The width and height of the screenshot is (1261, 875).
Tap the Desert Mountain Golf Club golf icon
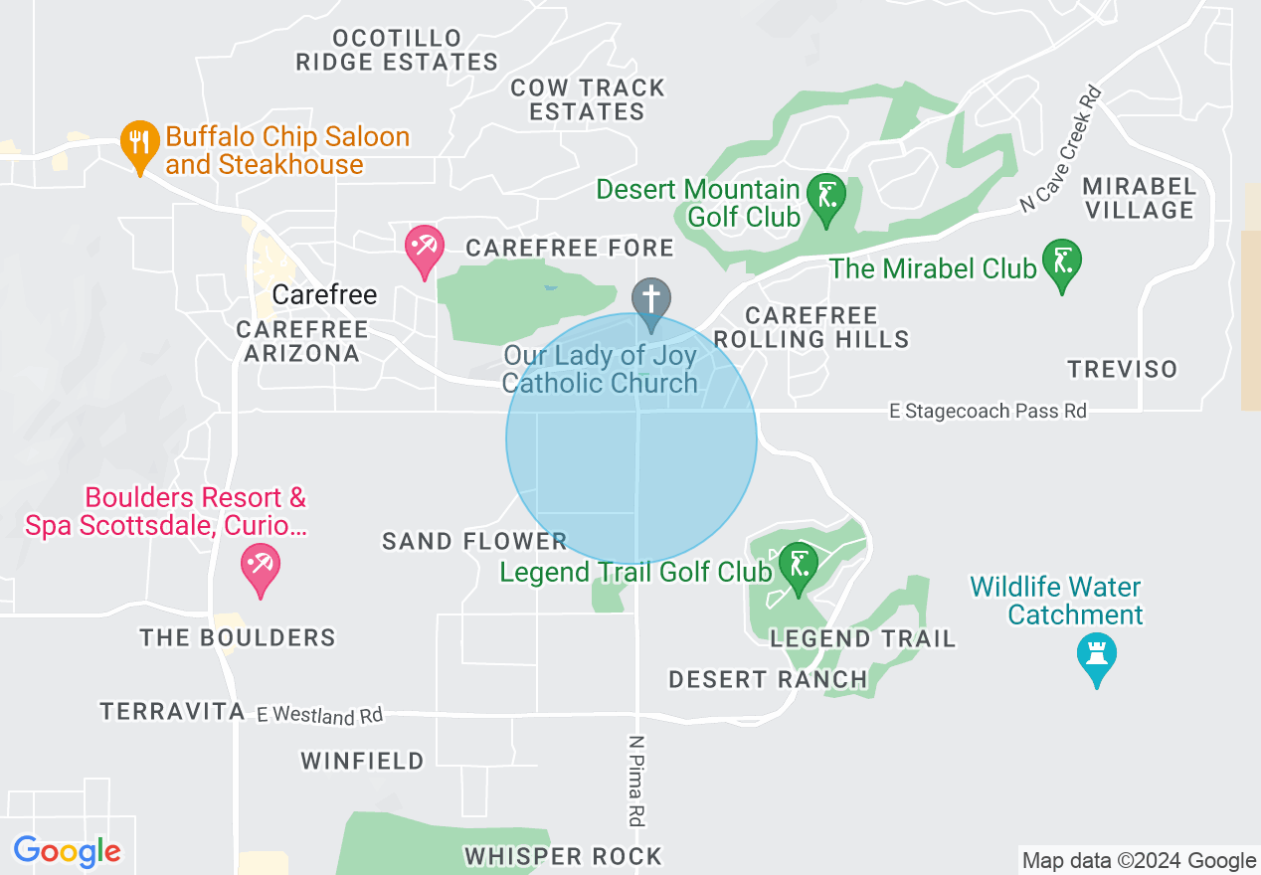(x=825, y=196)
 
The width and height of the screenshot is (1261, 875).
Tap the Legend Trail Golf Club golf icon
(x=798, y=566)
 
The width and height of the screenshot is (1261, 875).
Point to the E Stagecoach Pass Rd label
(x=988, y=411)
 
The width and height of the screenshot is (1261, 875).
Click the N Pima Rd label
(x=635, y=781)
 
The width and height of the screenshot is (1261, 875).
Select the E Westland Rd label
(x=319, y=714)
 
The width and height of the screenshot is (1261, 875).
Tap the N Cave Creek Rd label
(x=1063, y=149)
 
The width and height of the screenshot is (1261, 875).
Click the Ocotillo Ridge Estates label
(x=397, y=51)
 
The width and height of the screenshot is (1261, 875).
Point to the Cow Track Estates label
(x=588, y=99)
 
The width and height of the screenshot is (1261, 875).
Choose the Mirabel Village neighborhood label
(x=1139, y=198)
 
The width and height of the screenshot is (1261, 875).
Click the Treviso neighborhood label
(x=1123, y=369)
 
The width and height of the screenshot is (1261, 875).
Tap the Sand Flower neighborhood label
(x=474, y=541)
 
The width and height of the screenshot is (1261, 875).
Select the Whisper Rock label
(x=563, y=856)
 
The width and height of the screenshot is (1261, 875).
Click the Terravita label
(x=172, y=711)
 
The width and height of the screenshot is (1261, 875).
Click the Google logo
(x=68, y=851)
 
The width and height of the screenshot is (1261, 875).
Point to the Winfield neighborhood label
(x=363, y=761)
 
